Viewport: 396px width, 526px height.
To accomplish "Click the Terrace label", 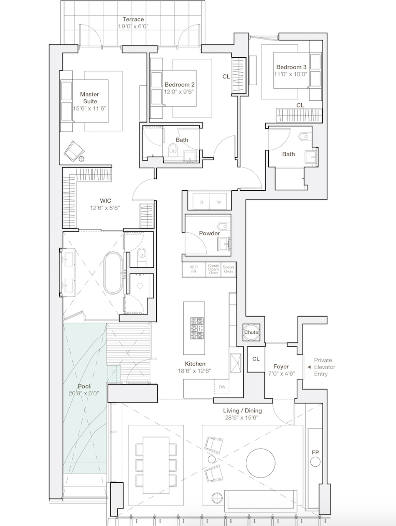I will click(x=133, y=19).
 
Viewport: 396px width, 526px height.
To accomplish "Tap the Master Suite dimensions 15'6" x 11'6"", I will click(x=90, y=108).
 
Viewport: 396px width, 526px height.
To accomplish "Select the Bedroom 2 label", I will click(x=179, y=85).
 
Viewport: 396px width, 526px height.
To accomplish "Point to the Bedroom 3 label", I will click(x=291, y=67).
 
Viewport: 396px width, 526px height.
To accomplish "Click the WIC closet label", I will click(x=105, y=201).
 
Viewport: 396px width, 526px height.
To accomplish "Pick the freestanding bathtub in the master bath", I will click(x=113, y=273).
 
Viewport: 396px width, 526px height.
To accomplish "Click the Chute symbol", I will click(x=251, y=332).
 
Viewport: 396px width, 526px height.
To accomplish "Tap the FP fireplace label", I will click(x=315, y=452).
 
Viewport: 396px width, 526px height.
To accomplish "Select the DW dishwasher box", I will click(x=222, y=387).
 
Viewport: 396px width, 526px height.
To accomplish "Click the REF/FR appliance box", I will click(x=194, y=269).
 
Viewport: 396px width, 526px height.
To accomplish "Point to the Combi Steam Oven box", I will click(x=213, y=269).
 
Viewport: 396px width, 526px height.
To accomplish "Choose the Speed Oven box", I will click(x=228, y=269).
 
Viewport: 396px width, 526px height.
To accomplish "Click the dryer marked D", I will click(x=201, y=202).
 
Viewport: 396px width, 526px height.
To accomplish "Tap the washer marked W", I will click(x=219, y=202).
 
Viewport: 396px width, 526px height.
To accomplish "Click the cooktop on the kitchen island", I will click(x=197, y=328).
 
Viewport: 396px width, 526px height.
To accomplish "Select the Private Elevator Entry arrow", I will click(x=309, y=367).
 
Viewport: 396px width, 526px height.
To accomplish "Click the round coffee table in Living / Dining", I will click(x=260, y=463).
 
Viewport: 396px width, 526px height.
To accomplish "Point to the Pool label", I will click(x=84, y=386).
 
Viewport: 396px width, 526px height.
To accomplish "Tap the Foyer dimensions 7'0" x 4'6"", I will click(x=281, y=374).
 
